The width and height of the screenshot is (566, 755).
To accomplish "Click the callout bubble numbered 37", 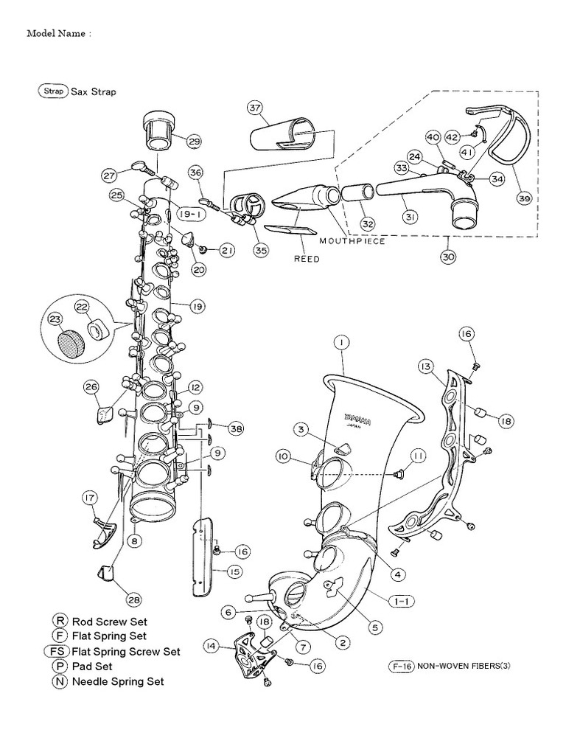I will click(254, 108).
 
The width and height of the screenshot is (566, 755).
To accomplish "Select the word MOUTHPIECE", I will click(352, 241).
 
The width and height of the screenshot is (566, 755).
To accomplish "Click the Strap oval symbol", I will click(52, 91).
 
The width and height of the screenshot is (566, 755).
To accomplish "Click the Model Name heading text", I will click(59, 33).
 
